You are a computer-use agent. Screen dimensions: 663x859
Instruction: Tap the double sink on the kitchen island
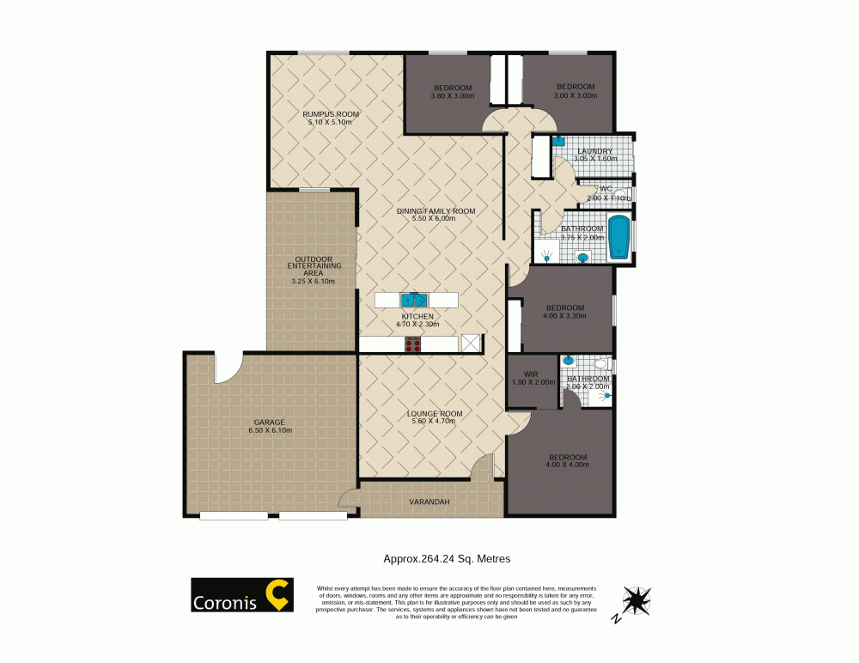[x=415, y=300]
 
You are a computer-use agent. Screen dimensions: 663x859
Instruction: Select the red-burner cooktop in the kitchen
[x=413, y=344]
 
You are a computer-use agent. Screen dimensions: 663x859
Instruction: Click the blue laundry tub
[x=557, y=140]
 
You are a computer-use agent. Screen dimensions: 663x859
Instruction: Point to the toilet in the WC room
[x=620, y=194]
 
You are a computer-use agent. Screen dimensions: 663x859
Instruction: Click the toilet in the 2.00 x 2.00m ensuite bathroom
[x=601, y=363]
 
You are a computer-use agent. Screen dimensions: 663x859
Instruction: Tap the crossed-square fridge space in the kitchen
[x=470, y=344]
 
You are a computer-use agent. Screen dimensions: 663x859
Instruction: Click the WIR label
[x=530, y=374]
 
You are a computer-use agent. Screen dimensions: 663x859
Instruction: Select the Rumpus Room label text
[x=331, y=114]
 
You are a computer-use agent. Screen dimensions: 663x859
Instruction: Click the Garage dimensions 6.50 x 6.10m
[x=269, y=430]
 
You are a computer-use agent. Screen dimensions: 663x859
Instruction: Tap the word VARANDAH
[x=429, y=502]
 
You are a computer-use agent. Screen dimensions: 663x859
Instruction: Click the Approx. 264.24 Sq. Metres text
[x=447, y=558]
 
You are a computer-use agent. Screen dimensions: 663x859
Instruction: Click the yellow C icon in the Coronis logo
[x=278, y=594]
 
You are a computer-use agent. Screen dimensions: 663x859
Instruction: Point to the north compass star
[x=637, y=598]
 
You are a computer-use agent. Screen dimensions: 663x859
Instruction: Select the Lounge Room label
[x=435, y=414]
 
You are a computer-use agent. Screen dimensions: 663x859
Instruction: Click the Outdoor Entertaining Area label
[x=314, y=265]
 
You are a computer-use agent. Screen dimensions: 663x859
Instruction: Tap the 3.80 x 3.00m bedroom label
[x=452, y=95]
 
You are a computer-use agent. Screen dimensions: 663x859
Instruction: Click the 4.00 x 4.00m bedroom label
[x=567, y=465]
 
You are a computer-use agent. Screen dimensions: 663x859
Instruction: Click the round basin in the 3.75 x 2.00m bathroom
[x=582, y=256]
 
